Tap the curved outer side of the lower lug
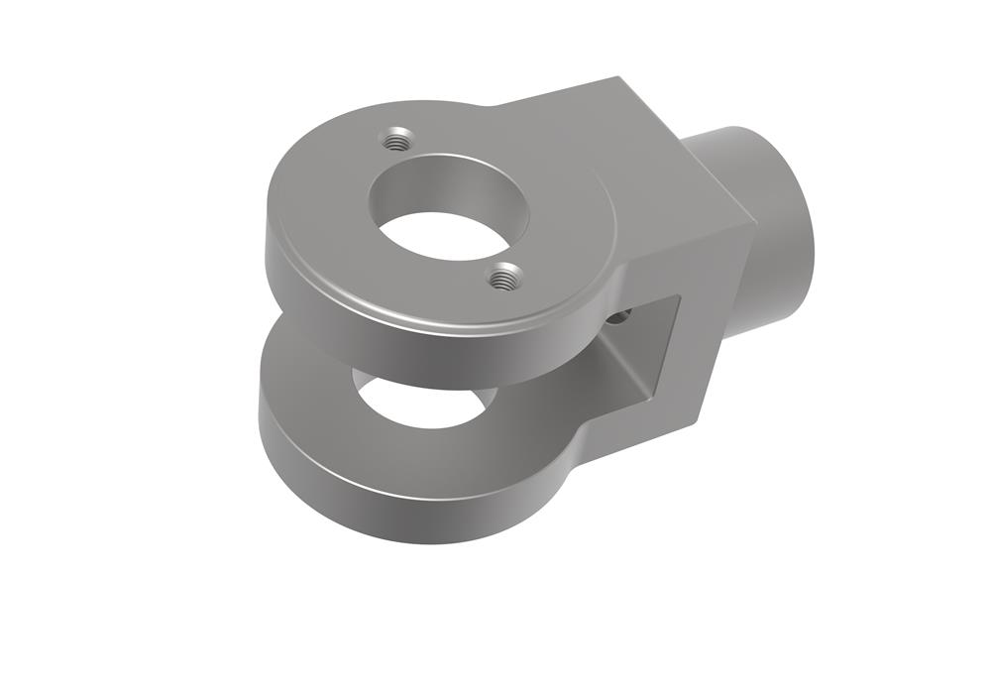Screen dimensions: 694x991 pos(396,511)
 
